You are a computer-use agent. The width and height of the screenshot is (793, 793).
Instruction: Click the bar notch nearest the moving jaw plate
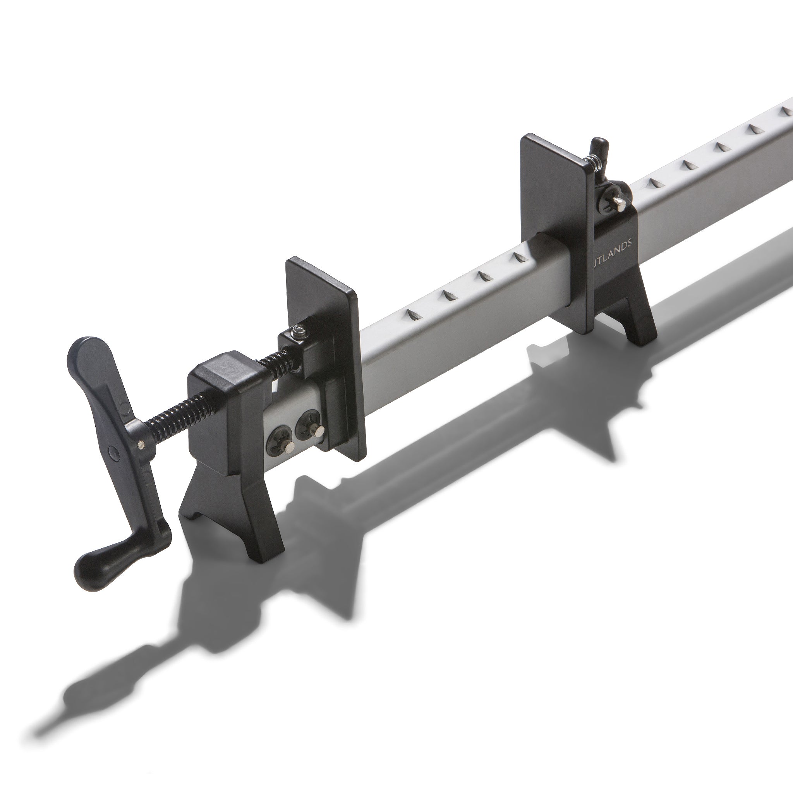click(413, 315)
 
